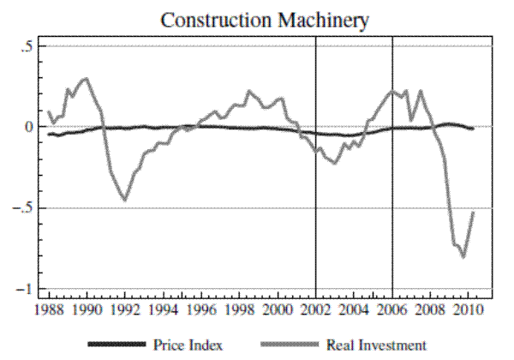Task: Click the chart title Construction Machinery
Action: pos(256,18)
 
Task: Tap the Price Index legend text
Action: pos(188,345)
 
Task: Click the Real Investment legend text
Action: pos(375,345)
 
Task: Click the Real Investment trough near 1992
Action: pos(125,200)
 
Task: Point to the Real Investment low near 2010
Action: pos(463,256)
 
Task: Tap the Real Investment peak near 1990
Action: pos(84,79)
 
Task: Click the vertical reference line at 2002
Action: pos(316,214)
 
